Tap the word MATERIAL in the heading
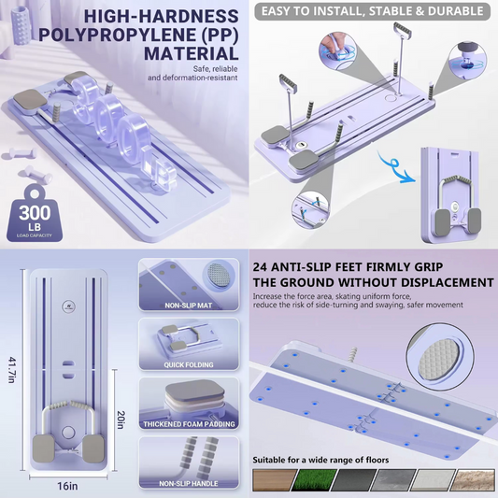point(191,53)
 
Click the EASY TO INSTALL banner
point(372,11)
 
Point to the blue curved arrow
point(395,167)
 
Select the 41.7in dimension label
point(12,370)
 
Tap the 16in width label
point(67,486)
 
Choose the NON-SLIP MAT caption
point(189,306)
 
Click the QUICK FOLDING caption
point(189,364)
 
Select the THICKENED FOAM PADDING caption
point(189,424)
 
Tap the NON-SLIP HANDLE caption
point(189,483)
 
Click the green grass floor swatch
point(314,479)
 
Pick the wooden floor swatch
point(275,479)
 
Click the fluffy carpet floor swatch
point(473,479)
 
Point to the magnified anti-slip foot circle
point(440,356)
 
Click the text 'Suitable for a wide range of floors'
point(320,460)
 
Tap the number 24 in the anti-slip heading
point(260,267)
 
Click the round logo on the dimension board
point(68,306)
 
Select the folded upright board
point(449,195)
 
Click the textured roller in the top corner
point(21,25)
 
